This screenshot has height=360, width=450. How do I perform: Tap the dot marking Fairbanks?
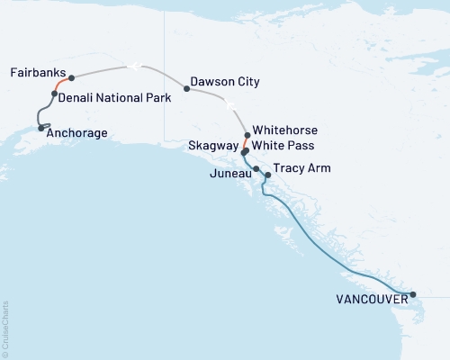point(71,78)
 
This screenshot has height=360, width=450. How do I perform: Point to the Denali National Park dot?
point(55,94)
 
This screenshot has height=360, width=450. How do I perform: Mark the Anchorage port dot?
point(40,128)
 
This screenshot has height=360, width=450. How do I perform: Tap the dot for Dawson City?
point(186,89)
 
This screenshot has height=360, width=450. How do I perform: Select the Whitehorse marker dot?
point(247,135)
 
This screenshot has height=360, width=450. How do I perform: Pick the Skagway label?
point(213,145)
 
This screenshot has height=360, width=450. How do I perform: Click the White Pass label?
point(284,145)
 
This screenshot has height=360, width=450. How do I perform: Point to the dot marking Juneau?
point(256,169)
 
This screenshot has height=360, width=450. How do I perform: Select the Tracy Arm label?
point(300,167)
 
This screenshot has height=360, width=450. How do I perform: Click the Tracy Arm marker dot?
point(267,175)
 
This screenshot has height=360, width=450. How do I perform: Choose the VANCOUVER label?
point(370,300)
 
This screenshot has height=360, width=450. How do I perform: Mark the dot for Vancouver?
point(413,294)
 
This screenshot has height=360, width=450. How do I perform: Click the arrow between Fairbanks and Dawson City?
point(132,65)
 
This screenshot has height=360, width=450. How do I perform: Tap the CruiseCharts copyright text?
point(5,328)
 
